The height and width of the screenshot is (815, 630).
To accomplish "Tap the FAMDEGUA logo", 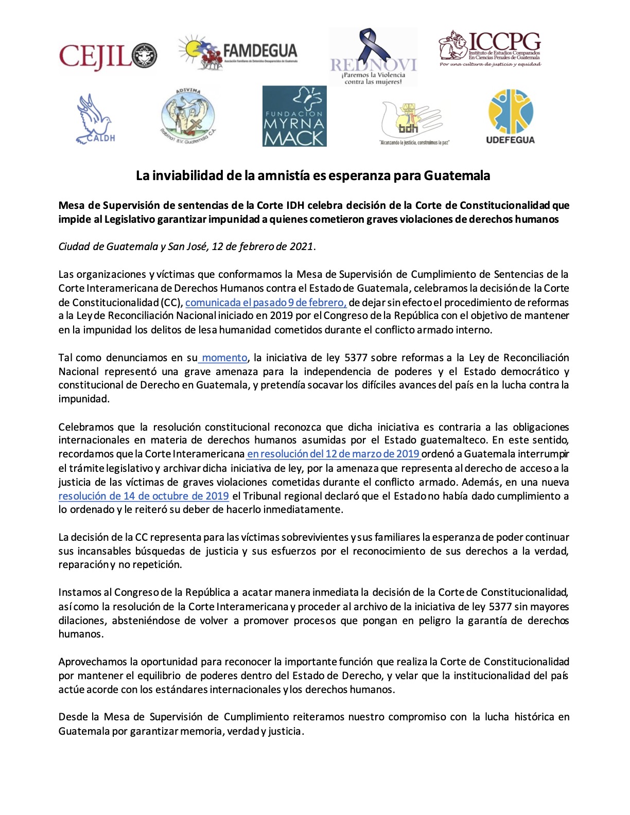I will pyautogui.click(x=238, y=52).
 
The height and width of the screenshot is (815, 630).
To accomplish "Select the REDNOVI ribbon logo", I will pyautogui.click(x=373, y=57).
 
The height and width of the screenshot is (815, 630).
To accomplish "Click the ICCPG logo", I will pyautogui.click(x=490, y=49).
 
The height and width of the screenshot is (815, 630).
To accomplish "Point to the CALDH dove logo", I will pyautogui.click(x=96, y=119).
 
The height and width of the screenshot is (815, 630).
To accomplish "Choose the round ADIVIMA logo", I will pyautogui.click(x=188, y=116).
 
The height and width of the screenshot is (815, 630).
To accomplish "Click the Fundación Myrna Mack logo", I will pyautogui.click(x=294, y=116).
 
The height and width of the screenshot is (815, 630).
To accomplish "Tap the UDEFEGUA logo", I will pyautogui.click(x=510, y=117).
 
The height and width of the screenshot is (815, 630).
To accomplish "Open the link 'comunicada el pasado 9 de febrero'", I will pyautogui.click(x=266, y=303).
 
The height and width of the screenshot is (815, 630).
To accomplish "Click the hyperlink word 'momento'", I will pyautogui.click(x=225, y=358).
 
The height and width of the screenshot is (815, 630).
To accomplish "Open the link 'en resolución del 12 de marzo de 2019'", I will pyautogui.click(x=333, y=454).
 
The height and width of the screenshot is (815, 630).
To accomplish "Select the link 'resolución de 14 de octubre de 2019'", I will pyautogui.click(x=144, y=496).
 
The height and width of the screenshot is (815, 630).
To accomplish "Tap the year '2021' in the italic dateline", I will pyautogui.click(x=301, y=246).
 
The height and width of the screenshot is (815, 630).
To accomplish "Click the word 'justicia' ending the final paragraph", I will pyautogui.click(x=285, y=731).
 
